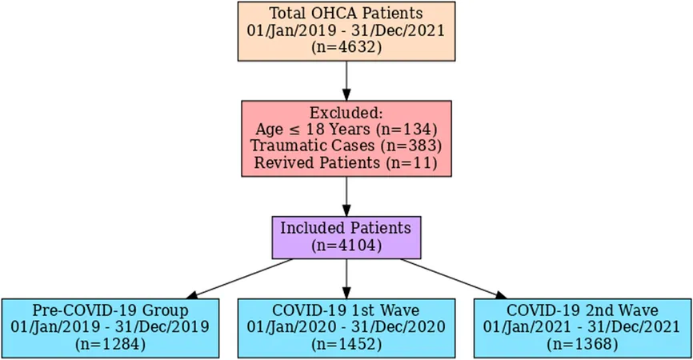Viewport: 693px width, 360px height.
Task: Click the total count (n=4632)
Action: (x=346, y=47)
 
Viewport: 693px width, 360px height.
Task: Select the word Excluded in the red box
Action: (x=346, y=113)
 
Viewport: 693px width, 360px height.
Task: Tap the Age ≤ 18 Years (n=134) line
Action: (x=346, y=130)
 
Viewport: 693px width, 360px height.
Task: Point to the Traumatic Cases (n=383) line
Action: (x=346, y=146)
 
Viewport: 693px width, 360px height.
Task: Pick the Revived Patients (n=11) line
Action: (x=346, y=162)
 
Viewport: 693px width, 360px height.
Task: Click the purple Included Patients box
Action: (x=346, y=238)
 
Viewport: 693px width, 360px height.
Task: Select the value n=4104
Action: (x=346, y=246)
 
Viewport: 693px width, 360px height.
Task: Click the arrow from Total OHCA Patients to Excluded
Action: (x=346, y=81)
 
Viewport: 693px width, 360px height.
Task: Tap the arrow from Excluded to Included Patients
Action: (x=346, y=197)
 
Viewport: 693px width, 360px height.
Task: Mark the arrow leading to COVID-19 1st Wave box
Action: (x=346, y=278)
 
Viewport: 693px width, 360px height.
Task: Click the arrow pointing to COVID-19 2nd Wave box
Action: (x=454, y=278)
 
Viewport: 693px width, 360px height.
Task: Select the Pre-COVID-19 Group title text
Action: (x=110, y=310)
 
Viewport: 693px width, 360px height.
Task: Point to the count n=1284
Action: (x=110, y=344)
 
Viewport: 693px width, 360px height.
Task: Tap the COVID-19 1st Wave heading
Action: (x=346, y=310)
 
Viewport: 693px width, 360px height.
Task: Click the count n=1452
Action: (x=346, y=344)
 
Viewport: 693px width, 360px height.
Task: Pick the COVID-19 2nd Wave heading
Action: (x=583, y=310)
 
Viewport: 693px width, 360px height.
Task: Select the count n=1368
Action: (x=583, y=344)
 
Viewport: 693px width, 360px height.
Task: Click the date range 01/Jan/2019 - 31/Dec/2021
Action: (x=346, y=30)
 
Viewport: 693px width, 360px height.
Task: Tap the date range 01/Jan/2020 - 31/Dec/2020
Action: (x=346, y=327)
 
